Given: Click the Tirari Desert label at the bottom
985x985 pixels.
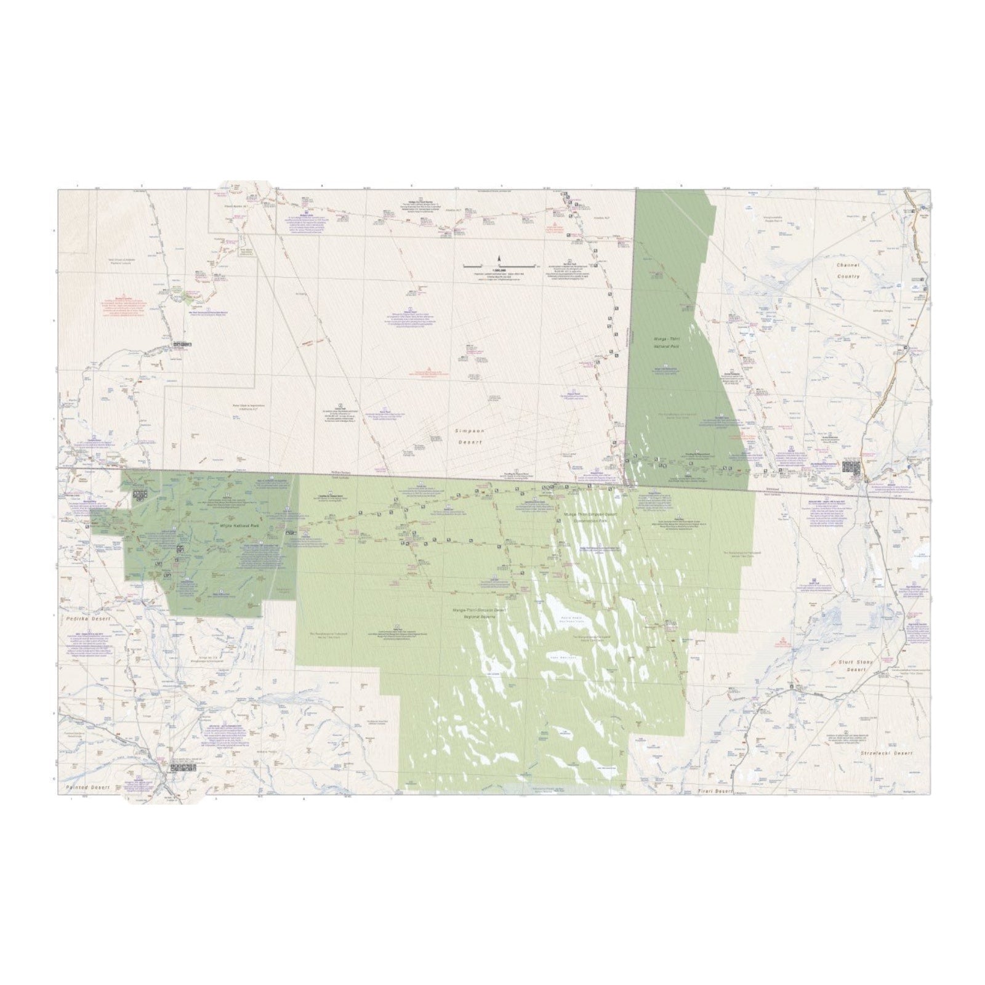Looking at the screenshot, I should pyautogui.click(x=713, y=790).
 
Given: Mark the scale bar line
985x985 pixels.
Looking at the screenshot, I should pyautogui.click(x=499, y=265).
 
